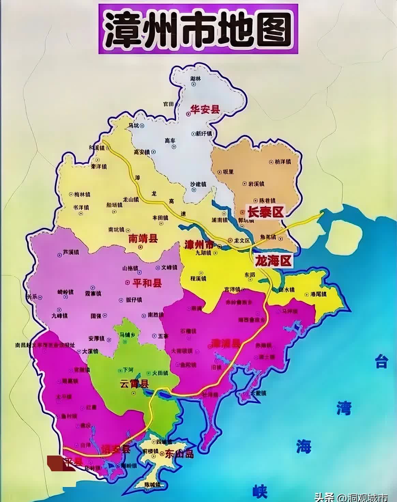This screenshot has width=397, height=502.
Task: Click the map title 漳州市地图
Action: [x=198, y=29]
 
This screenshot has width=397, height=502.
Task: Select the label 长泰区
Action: [x=265, y=212]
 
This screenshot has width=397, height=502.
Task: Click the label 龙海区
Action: [x=274, y=261]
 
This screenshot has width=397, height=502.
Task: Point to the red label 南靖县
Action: [x=143, y=238]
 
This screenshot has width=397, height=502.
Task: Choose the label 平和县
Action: [x=147, y=283]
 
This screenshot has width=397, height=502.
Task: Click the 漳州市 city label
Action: [x=200, y=245]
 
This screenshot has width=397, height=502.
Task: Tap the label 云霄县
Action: [x=134, y=384]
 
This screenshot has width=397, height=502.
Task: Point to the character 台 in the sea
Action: [x=381, y=361]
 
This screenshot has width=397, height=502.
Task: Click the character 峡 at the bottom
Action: [x=260, y=492]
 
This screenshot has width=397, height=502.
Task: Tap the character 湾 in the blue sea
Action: [x=343, y=408]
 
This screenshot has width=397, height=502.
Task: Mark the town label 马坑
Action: [x=133, y=126]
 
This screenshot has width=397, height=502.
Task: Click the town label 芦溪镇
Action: [x=71, y=252]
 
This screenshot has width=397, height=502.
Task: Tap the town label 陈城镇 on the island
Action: [x=152, y=484]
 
